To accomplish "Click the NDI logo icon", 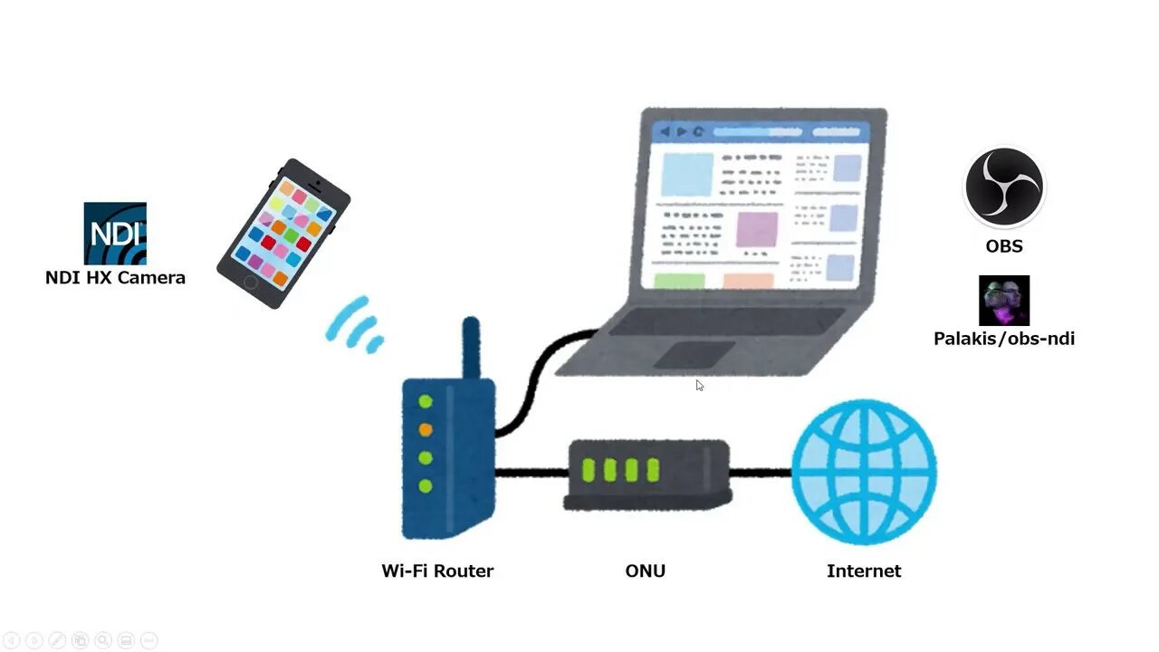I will click(x=115, y=233).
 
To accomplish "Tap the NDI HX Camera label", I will click(x=115, y=278).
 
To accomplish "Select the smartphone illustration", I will click(x=283, y=233).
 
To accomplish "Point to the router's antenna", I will click(x=470, y=349).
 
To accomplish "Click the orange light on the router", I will click(x=426, y=429).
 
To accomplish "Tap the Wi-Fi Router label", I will click(x=437, y=571).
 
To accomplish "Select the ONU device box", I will click(x=647, y=474).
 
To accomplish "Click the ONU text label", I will click(x=645, y=571).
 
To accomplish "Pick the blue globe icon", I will click(x=864, y=472).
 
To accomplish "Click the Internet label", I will click(x=864, y=571).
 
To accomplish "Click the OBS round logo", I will click(x=1003, y=187).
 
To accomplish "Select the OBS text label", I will click(x=1004, y=246).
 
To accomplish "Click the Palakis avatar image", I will click(x=1004, y=301).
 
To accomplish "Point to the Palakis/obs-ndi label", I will click(x=1004, y=339).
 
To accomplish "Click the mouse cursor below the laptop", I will click(x=699, y=385).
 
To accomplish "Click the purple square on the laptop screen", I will click(x=757, y=230).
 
